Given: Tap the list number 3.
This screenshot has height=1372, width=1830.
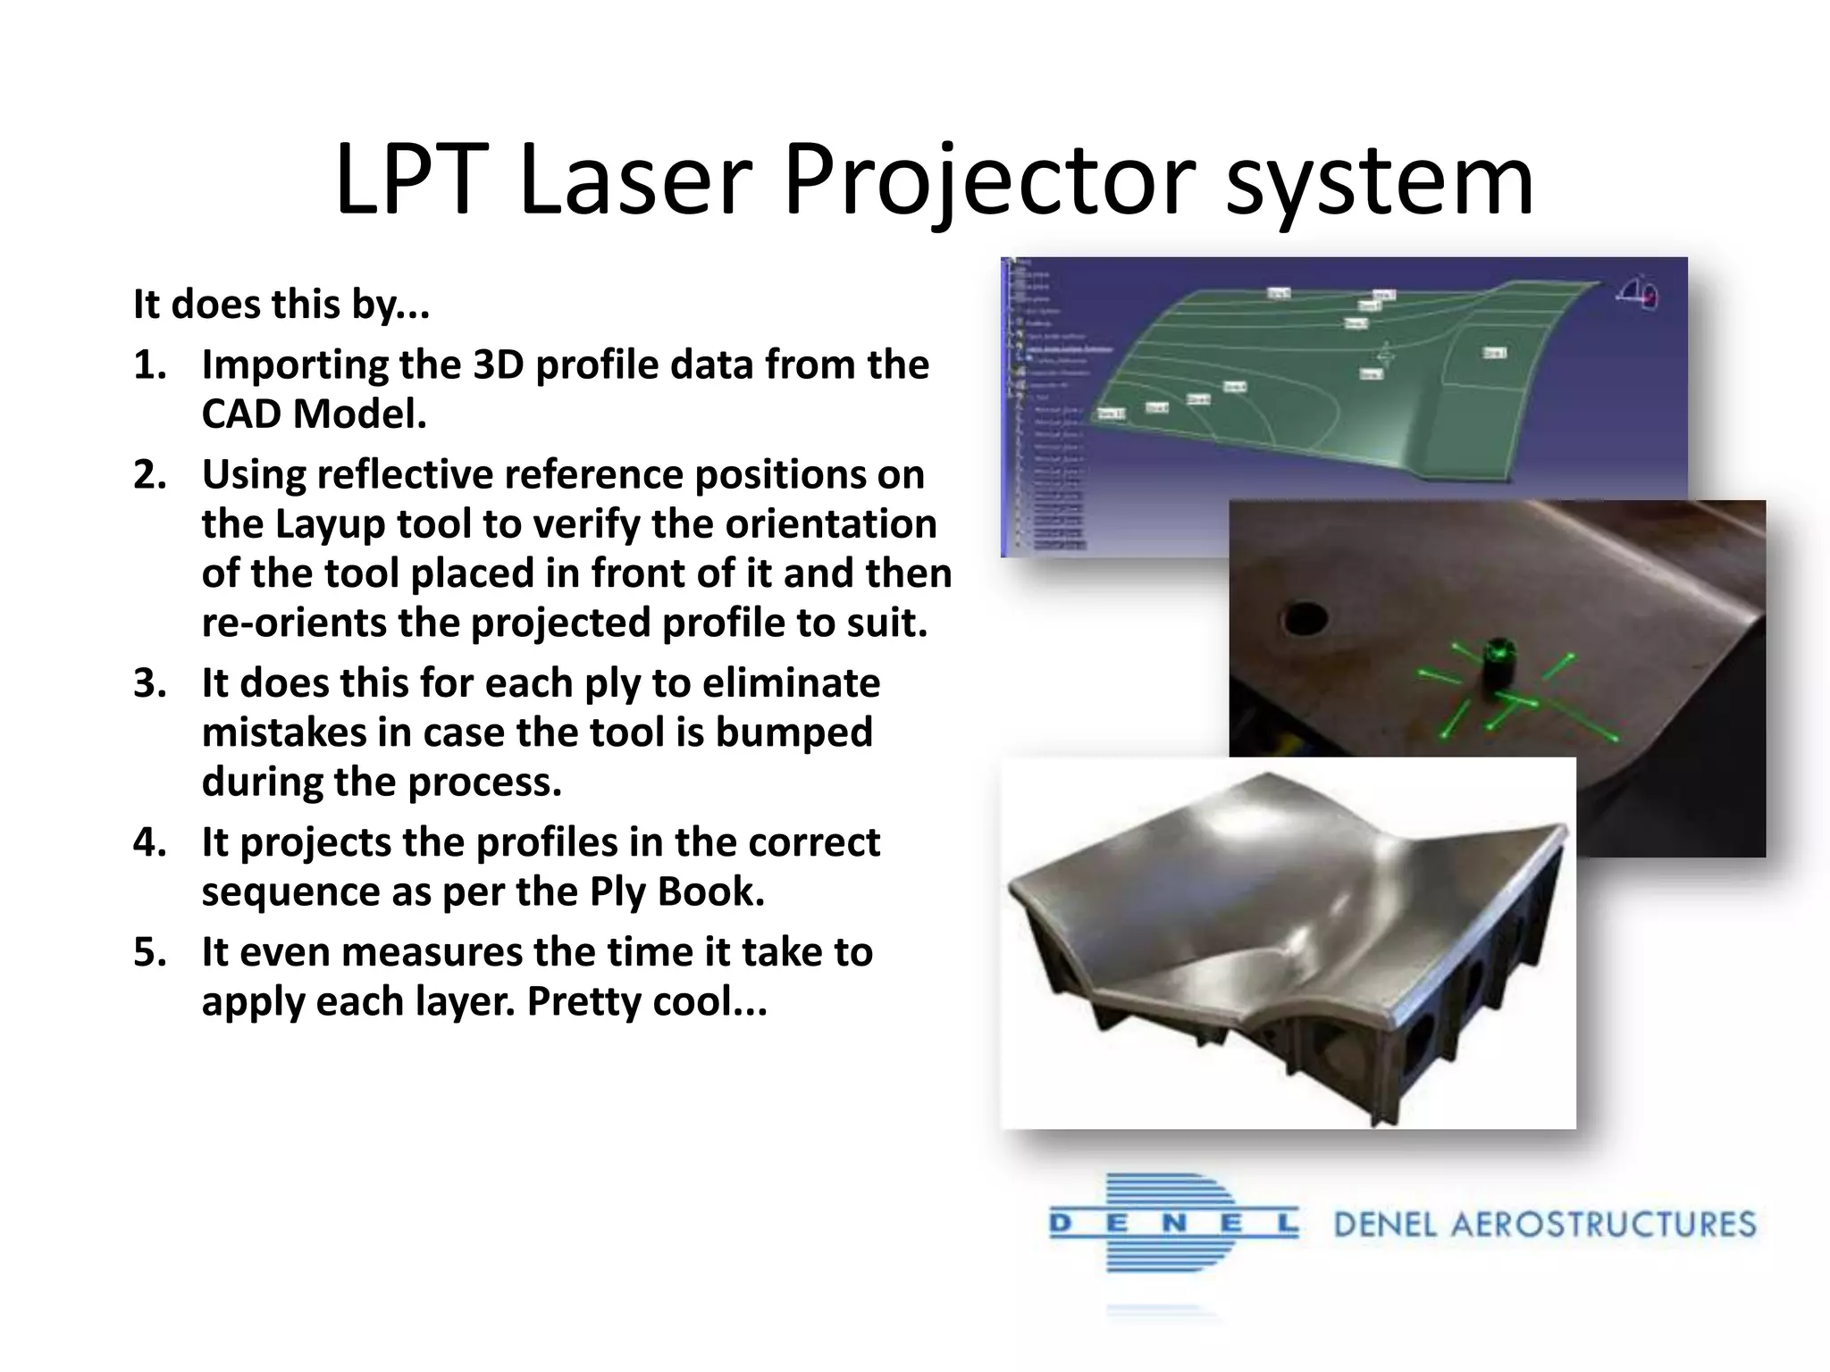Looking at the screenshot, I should (x=149, y=683).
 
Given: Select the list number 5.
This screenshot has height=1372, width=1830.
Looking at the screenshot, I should (x=149, y=952).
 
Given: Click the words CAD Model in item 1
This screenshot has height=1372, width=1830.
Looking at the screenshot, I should (x=314, y=414).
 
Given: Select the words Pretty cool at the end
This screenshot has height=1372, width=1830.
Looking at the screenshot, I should (x=645, y=1001).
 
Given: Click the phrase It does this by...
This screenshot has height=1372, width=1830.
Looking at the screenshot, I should (x=280, y=305).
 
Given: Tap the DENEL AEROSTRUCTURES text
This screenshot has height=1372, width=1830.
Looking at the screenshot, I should (x=1545, y=1225).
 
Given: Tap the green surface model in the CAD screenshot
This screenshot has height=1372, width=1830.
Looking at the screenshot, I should (x=1412, y=393).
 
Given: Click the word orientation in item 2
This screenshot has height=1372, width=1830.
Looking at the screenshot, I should (x=830, y=524).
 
